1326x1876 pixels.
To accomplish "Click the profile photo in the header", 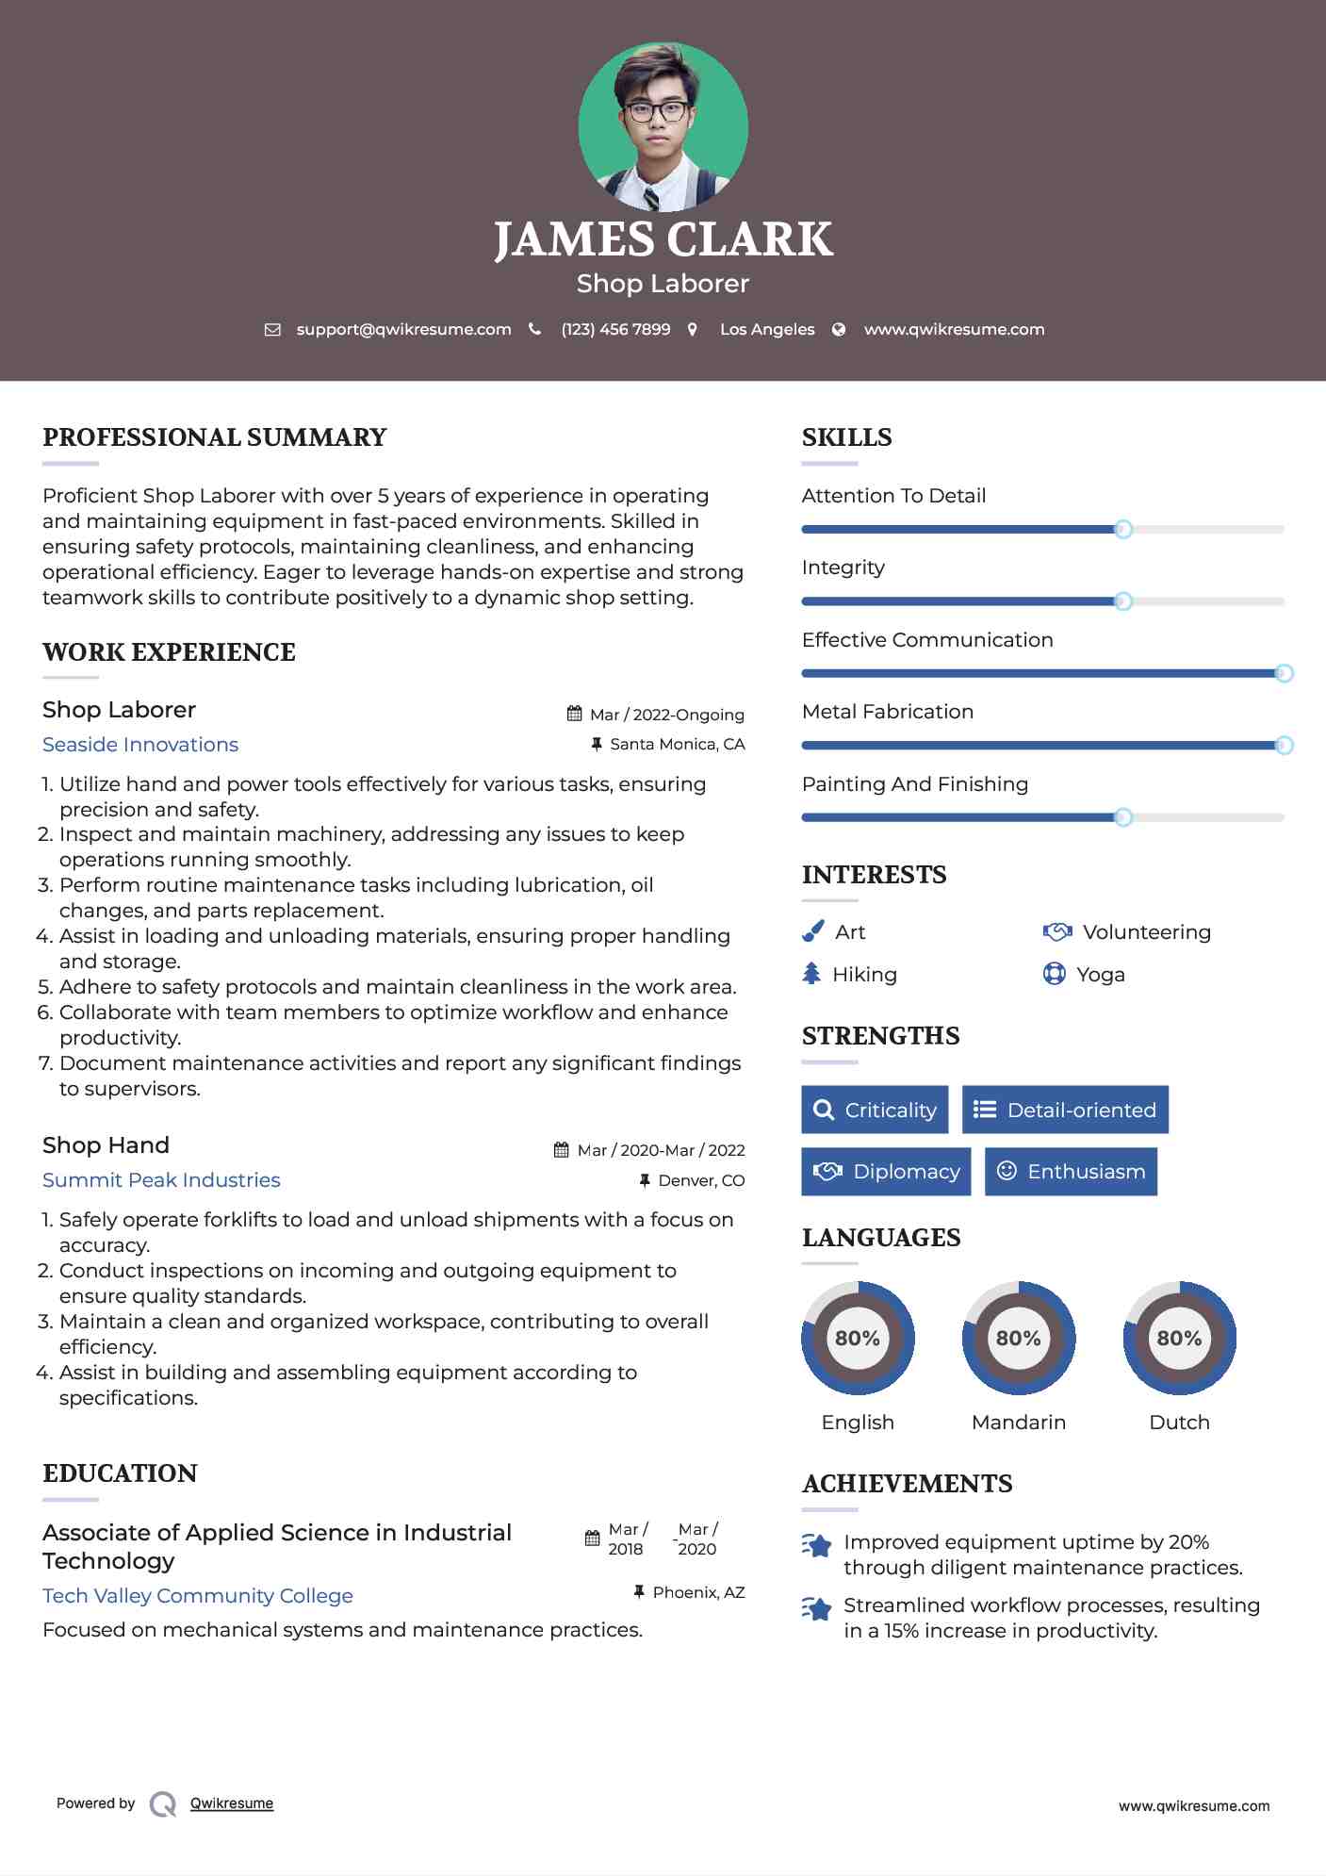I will tap(663, 126).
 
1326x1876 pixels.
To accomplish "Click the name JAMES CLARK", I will tap(663, 239).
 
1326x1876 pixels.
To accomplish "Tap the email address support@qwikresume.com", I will tap(403, 330).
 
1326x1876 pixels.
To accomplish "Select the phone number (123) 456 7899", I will tap(615, 330).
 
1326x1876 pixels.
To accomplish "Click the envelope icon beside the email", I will tap(272, 330).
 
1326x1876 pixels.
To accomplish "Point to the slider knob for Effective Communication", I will tap(1284, 673).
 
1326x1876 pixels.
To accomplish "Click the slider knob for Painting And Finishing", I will tap(1122, 817).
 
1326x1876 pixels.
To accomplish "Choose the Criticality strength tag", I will tap(875, 1110).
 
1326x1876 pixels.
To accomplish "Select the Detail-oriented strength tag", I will tap(1065, 1110).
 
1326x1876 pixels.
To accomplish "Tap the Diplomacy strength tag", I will tap(886, 1172).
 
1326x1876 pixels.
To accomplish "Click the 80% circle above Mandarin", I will tap(1018, 1338).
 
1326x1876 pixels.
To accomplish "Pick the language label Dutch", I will tap(1179, 1423).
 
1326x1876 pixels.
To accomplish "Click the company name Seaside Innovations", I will tap(140, 745).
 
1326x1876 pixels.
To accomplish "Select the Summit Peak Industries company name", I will tap(161, 1180).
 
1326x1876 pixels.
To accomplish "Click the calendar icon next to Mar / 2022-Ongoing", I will tap(574, 714).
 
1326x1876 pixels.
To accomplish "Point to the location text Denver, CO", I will tap(701, 1180).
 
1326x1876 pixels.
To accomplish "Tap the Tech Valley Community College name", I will tap(198, 1596).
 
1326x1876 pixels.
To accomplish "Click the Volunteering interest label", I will tap(1146, 932).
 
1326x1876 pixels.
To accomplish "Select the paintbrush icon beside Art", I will tap(812, 932).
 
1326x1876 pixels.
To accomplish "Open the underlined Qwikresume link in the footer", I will tap(232, 1803).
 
